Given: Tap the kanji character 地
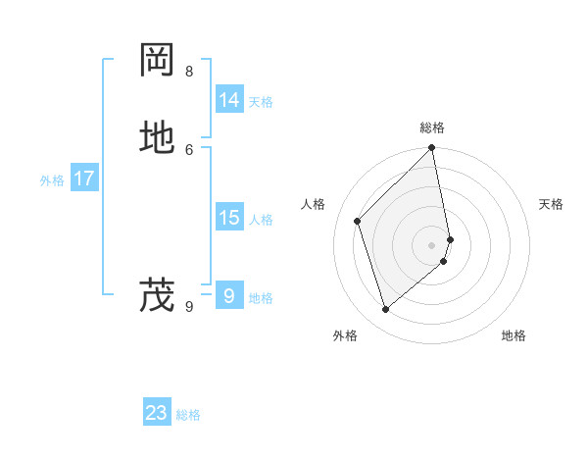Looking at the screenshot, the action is tap(158, 138).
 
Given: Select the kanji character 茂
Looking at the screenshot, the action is tap(158, 295).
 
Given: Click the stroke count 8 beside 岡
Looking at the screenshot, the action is tap(189, 72).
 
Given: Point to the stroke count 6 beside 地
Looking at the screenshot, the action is tap(189, 149).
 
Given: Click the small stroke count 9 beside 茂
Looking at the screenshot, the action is tap(189, 307).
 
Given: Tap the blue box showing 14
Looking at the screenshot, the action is tap(229, 100).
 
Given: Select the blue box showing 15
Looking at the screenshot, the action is tap(229, 218).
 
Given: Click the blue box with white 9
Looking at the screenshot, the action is tap(229, 295).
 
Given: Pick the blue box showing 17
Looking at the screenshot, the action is tap(84, 179).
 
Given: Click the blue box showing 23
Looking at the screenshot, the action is tap(157, 413).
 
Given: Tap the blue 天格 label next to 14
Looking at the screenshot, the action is tap(261, 102).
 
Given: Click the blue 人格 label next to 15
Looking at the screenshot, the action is tap(261, 220).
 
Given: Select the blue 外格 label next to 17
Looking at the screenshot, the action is tap(52, 180).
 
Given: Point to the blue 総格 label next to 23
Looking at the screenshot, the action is tap(188, 415).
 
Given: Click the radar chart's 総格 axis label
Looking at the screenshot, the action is tap(432, 128).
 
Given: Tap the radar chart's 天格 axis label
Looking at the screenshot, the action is tap(551, 204).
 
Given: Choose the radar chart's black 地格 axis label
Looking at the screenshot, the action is tap(514, 335).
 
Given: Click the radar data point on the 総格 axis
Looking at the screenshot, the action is tap(432, 149).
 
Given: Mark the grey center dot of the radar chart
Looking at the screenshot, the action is tap(432, 244).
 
